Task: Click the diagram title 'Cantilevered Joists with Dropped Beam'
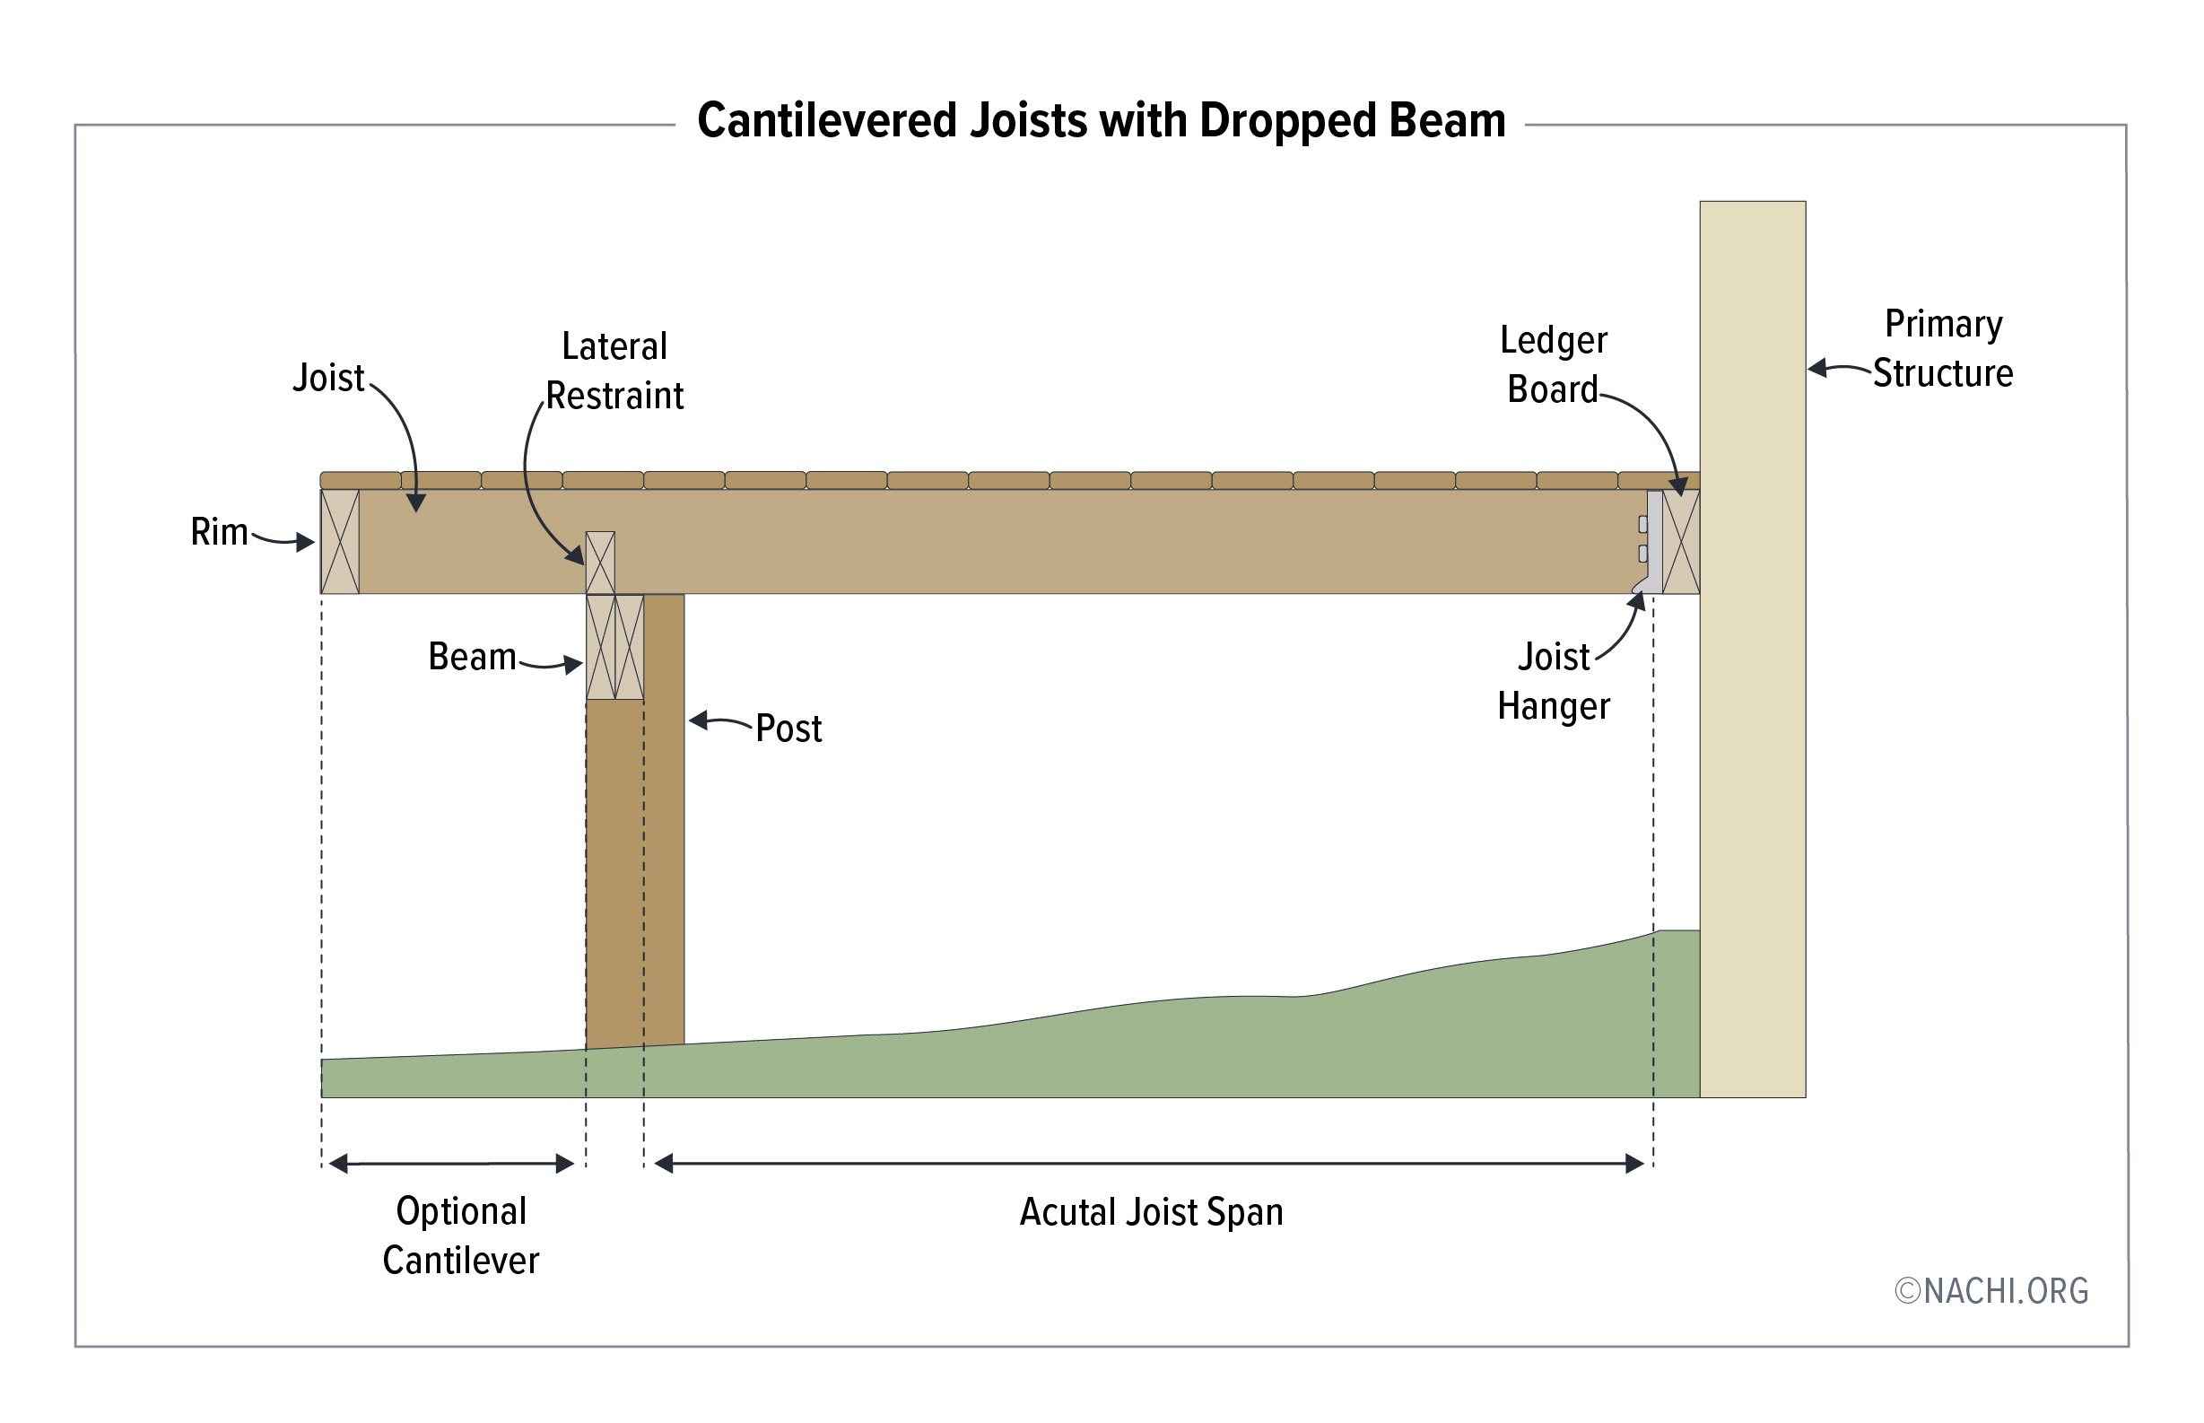(x=1101, y=121)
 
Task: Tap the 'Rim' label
(x=219, y=532)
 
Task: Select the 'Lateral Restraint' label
(x=614, y=371)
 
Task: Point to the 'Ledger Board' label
(x=1553, y=365)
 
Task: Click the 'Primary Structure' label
(x=1943, y=349)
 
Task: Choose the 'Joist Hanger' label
(x=1553, y=682)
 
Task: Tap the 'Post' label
(x=788, y=729)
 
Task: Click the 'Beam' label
(x=472, y=657)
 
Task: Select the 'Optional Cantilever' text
(x=461, y=1235)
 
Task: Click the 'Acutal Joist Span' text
(x=1151, y=1212)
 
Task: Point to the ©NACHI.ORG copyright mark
(x=1991, y=1291)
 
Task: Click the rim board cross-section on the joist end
(x=340, y=542)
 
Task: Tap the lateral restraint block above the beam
(x=600, y=562)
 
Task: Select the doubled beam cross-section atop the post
(x=615, y=647)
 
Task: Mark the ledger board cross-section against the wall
(x=1680, y=542)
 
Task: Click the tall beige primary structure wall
(x=1752, y=647)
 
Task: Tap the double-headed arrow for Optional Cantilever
(x=452, y=1164)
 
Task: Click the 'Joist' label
(x=329, y=378)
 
